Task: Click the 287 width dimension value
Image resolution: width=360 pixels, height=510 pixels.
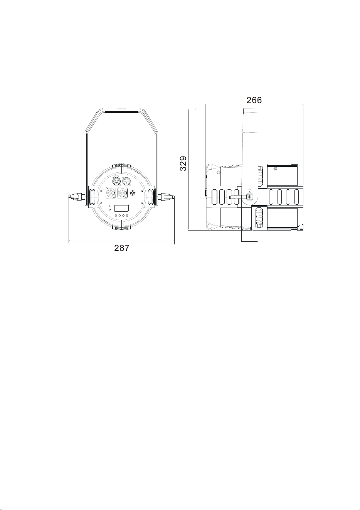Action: pos(121,248)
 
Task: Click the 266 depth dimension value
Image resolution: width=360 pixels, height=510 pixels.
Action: pos(254,100)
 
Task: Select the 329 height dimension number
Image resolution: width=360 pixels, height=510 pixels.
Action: pos(183,163)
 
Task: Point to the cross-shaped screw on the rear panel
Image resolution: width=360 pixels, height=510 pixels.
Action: pos(133,193)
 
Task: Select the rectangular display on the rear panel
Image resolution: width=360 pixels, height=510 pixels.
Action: pos(121,208)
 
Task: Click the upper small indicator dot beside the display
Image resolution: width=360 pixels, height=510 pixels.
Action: pos(110,206)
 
